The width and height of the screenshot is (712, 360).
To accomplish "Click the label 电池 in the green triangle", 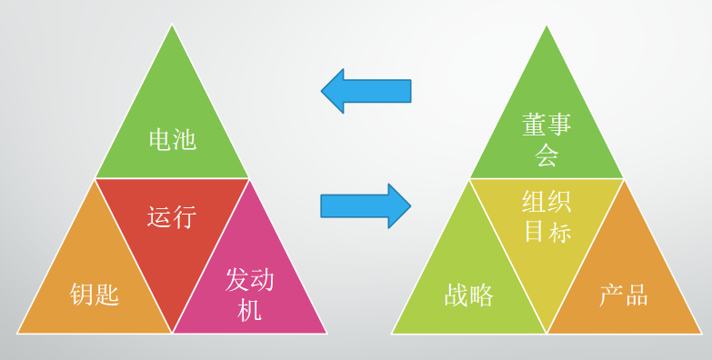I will [x=172, y=140].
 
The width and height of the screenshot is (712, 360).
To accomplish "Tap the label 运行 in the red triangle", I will [x=172, y=216].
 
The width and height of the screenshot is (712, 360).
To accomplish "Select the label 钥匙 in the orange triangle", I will [x=95, y=294].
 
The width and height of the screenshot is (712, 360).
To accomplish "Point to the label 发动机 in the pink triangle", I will [x=249, y=294].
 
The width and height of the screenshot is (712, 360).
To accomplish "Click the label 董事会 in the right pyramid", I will [x=547, y=140].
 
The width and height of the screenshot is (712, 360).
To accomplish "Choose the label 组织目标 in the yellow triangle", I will [x=547, y=216].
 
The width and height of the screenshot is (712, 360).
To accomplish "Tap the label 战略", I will [x=469, y=294].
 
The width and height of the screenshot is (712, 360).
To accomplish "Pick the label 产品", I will [x=624, y=294].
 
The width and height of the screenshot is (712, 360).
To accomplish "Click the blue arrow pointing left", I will [x=366, y=91].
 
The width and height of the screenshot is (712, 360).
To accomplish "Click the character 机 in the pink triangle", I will [x=249, y=309].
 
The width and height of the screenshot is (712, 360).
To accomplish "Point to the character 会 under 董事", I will [x=547, y=156].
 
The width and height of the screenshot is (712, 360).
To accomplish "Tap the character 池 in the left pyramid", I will [x=185, y=140].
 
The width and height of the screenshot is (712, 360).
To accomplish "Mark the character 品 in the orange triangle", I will [x=637, y=294].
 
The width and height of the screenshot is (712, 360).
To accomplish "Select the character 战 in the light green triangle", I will [x=456, y=294].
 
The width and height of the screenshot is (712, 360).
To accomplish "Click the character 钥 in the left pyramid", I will [x=83, y=294].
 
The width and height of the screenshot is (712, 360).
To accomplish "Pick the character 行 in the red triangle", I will [x=185, y=216].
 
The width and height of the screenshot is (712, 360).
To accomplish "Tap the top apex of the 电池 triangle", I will [x=172, y=26].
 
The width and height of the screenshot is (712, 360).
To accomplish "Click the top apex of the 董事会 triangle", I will [x=547, y=26].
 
